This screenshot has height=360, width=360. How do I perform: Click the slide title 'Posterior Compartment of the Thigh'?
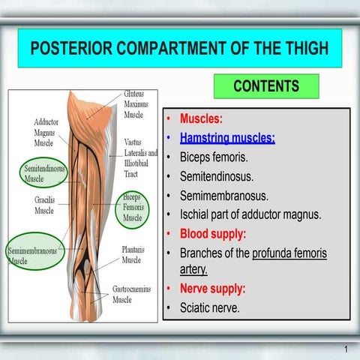click(179, 49)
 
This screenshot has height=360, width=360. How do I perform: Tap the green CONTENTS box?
click(266, 86)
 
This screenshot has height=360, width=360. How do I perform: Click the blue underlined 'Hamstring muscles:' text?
click(227, 138)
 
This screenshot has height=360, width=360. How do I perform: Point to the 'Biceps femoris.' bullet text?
click(213, 157)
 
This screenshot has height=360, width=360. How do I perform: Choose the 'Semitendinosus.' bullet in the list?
click(216, 177)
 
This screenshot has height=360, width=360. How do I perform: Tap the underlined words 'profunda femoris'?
click(289, 253)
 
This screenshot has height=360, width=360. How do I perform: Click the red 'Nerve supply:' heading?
click(212, 289)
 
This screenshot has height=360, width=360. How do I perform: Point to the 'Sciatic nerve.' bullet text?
click(210, 307)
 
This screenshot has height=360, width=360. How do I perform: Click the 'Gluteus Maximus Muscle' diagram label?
click(136, 105)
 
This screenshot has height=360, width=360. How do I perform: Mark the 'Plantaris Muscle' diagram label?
click(132, 255)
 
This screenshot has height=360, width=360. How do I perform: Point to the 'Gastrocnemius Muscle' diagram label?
click(133, 294)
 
